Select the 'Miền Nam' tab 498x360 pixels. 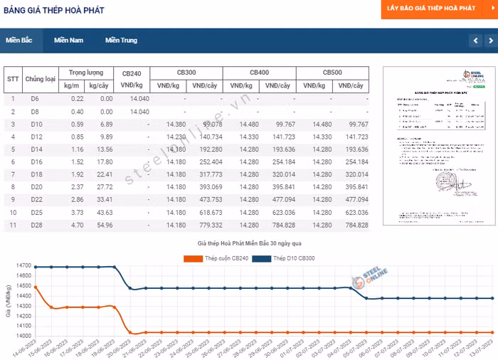[x=68, y=41]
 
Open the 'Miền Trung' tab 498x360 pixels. [x=121, y=41]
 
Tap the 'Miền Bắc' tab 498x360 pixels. [x=19, y=41]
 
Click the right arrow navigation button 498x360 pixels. [x=490, y=41]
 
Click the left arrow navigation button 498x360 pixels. [x=475, y=41]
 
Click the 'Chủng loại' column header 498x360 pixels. [x=40, y=79]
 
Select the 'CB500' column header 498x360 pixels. [x=332, y=73]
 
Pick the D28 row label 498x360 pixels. [x=35, y=226]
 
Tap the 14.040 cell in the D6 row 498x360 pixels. [x=139, y=99]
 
